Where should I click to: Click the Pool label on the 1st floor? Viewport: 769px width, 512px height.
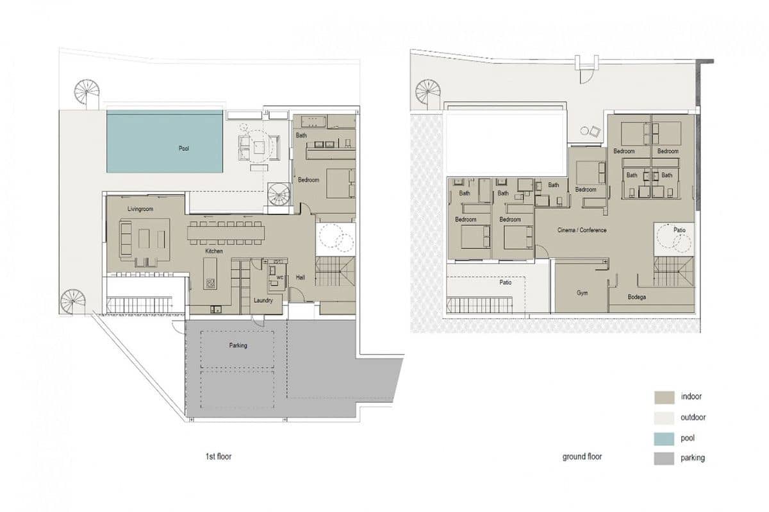[184, 148]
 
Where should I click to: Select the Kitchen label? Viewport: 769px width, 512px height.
[214, 251]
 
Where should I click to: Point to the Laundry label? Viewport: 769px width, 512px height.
[263, 300]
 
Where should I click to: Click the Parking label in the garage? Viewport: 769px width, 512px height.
[238, 345]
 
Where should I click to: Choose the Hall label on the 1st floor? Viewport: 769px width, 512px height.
[301, 278]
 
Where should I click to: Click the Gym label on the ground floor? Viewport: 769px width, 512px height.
[582, 293]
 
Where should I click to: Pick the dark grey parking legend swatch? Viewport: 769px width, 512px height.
[664, 458]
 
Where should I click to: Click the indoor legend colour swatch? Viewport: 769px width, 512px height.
[664, 397]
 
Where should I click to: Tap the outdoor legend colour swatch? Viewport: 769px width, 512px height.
[664, 417]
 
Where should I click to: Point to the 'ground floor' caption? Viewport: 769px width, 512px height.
[582, 457]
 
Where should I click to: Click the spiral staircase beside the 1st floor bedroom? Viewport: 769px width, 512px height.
[279, 194]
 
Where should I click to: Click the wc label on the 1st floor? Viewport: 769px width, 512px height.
[279, 278]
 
